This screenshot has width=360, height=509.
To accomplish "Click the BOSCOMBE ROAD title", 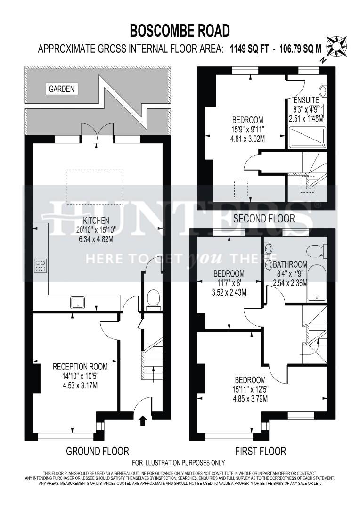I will pos(180,31).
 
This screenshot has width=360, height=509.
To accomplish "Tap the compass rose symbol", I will pos(336,46).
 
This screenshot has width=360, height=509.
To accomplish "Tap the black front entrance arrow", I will pos(143,420).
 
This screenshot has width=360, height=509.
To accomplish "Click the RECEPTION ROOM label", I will pos(80,366).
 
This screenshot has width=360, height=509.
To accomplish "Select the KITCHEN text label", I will pos(96,220).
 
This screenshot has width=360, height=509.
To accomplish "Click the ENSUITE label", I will pos(306,100).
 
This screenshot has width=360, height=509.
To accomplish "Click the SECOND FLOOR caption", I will pos(264,218).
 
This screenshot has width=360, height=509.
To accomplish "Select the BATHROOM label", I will pos(290,264).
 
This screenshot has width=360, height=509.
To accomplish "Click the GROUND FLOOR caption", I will pos(97,451).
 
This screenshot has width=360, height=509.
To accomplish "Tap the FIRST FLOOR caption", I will pos(260,451).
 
